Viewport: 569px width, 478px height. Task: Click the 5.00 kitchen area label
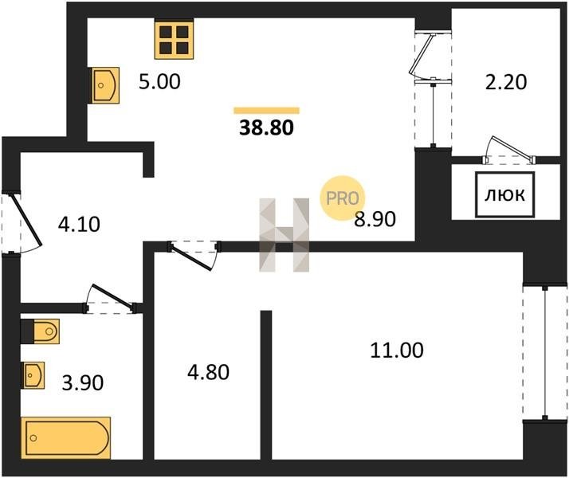[x=160, y=81]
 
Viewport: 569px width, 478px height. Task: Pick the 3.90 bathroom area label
[x=82, y=382]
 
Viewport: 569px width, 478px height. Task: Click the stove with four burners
[x=175, y=39]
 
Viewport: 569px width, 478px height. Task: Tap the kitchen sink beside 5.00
[x=105, y=84]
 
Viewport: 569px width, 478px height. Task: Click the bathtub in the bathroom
[x=66, y=437]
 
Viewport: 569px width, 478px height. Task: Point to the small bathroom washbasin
[x=34, y=373]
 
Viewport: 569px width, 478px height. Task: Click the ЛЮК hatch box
[x=505, y=195]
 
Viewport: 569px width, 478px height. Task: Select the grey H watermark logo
[x=284, y=235]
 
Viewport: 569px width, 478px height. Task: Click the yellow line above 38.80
[x=266, y=110]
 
